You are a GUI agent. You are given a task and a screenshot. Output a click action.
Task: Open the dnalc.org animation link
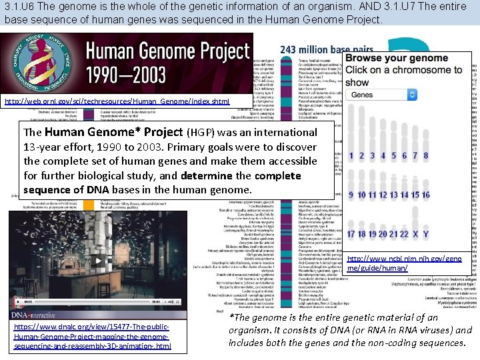tap(92, 337)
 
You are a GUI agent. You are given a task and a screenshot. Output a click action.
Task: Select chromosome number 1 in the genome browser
tap(351, 156)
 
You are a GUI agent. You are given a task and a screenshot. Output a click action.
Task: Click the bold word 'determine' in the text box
tap(203, 175)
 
